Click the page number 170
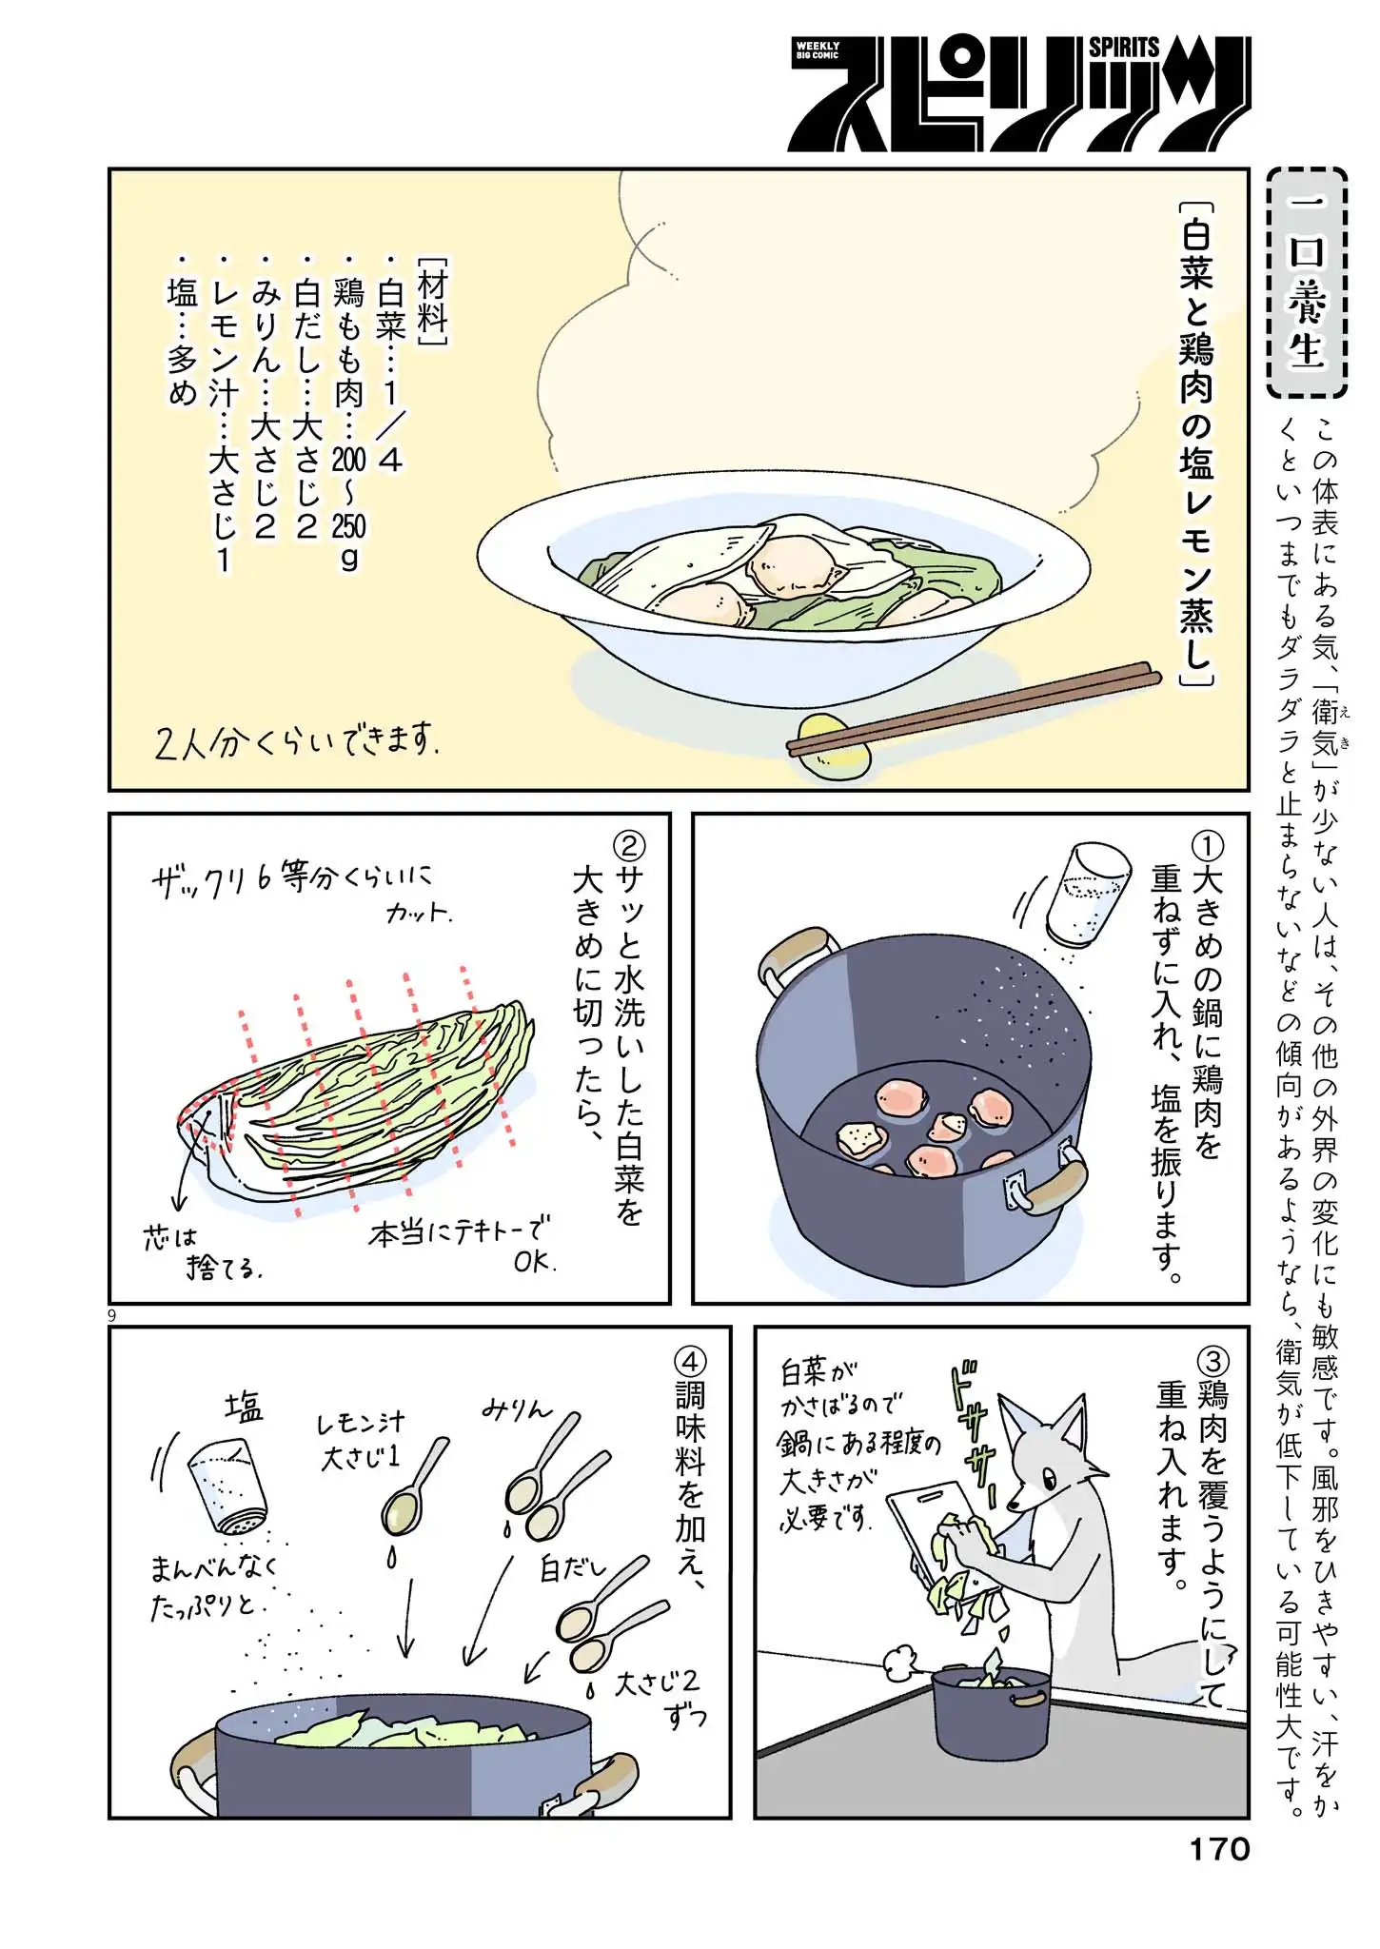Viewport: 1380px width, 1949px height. (x=1218, y=1848)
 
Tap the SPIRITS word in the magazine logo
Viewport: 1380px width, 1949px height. (x=1124, y=48)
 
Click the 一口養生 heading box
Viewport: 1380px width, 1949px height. (x=1308, y=284)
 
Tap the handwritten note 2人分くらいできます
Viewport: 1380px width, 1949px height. (x=296, y=741)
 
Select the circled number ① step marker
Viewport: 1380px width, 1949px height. (x=1207, y=846)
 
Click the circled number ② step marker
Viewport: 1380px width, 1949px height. (x=629, y=846)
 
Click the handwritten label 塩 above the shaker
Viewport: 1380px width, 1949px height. (x=244, y=1407)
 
